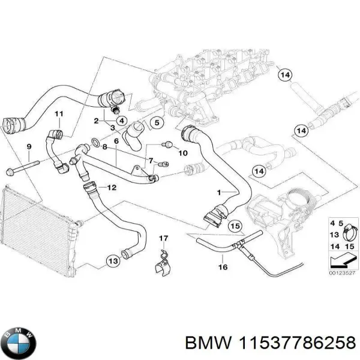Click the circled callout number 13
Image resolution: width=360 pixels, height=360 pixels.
[112, 260]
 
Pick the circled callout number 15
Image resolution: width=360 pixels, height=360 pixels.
[235, 226]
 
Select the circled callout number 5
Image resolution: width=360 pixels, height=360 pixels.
[155, 124]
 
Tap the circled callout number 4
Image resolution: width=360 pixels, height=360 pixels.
[121, 121]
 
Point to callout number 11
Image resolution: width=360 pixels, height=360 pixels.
[58, 114]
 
